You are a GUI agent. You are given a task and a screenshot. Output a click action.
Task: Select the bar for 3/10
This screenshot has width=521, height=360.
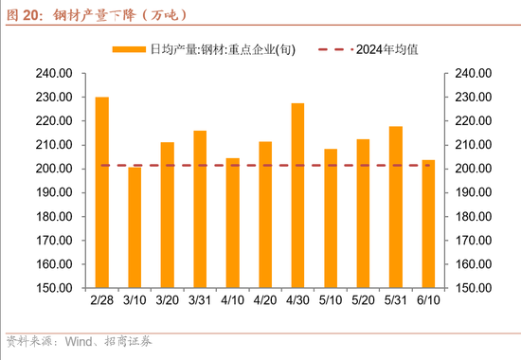(x=135, y=228)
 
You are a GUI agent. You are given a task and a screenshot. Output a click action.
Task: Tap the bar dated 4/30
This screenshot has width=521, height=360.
(x=297, y=195)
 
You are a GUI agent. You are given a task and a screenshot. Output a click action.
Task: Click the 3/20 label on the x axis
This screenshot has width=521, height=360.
(x=167, y=300)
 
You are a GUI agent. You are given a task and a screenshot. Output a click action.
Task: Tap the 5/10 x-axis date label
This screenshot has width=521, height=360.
(x=331, y=300)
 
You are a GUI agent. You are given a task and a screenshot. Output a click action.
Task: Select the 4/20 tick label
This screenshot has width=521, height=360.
(x=265, y=300)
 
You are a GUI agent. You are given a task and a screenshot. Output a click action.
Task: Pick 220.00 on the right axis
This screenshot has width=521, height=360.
(x=469, y=121)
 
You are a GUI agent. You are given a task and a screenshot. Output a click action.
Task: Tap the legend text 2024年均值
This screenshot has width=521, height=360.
(x=384, y=48)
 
